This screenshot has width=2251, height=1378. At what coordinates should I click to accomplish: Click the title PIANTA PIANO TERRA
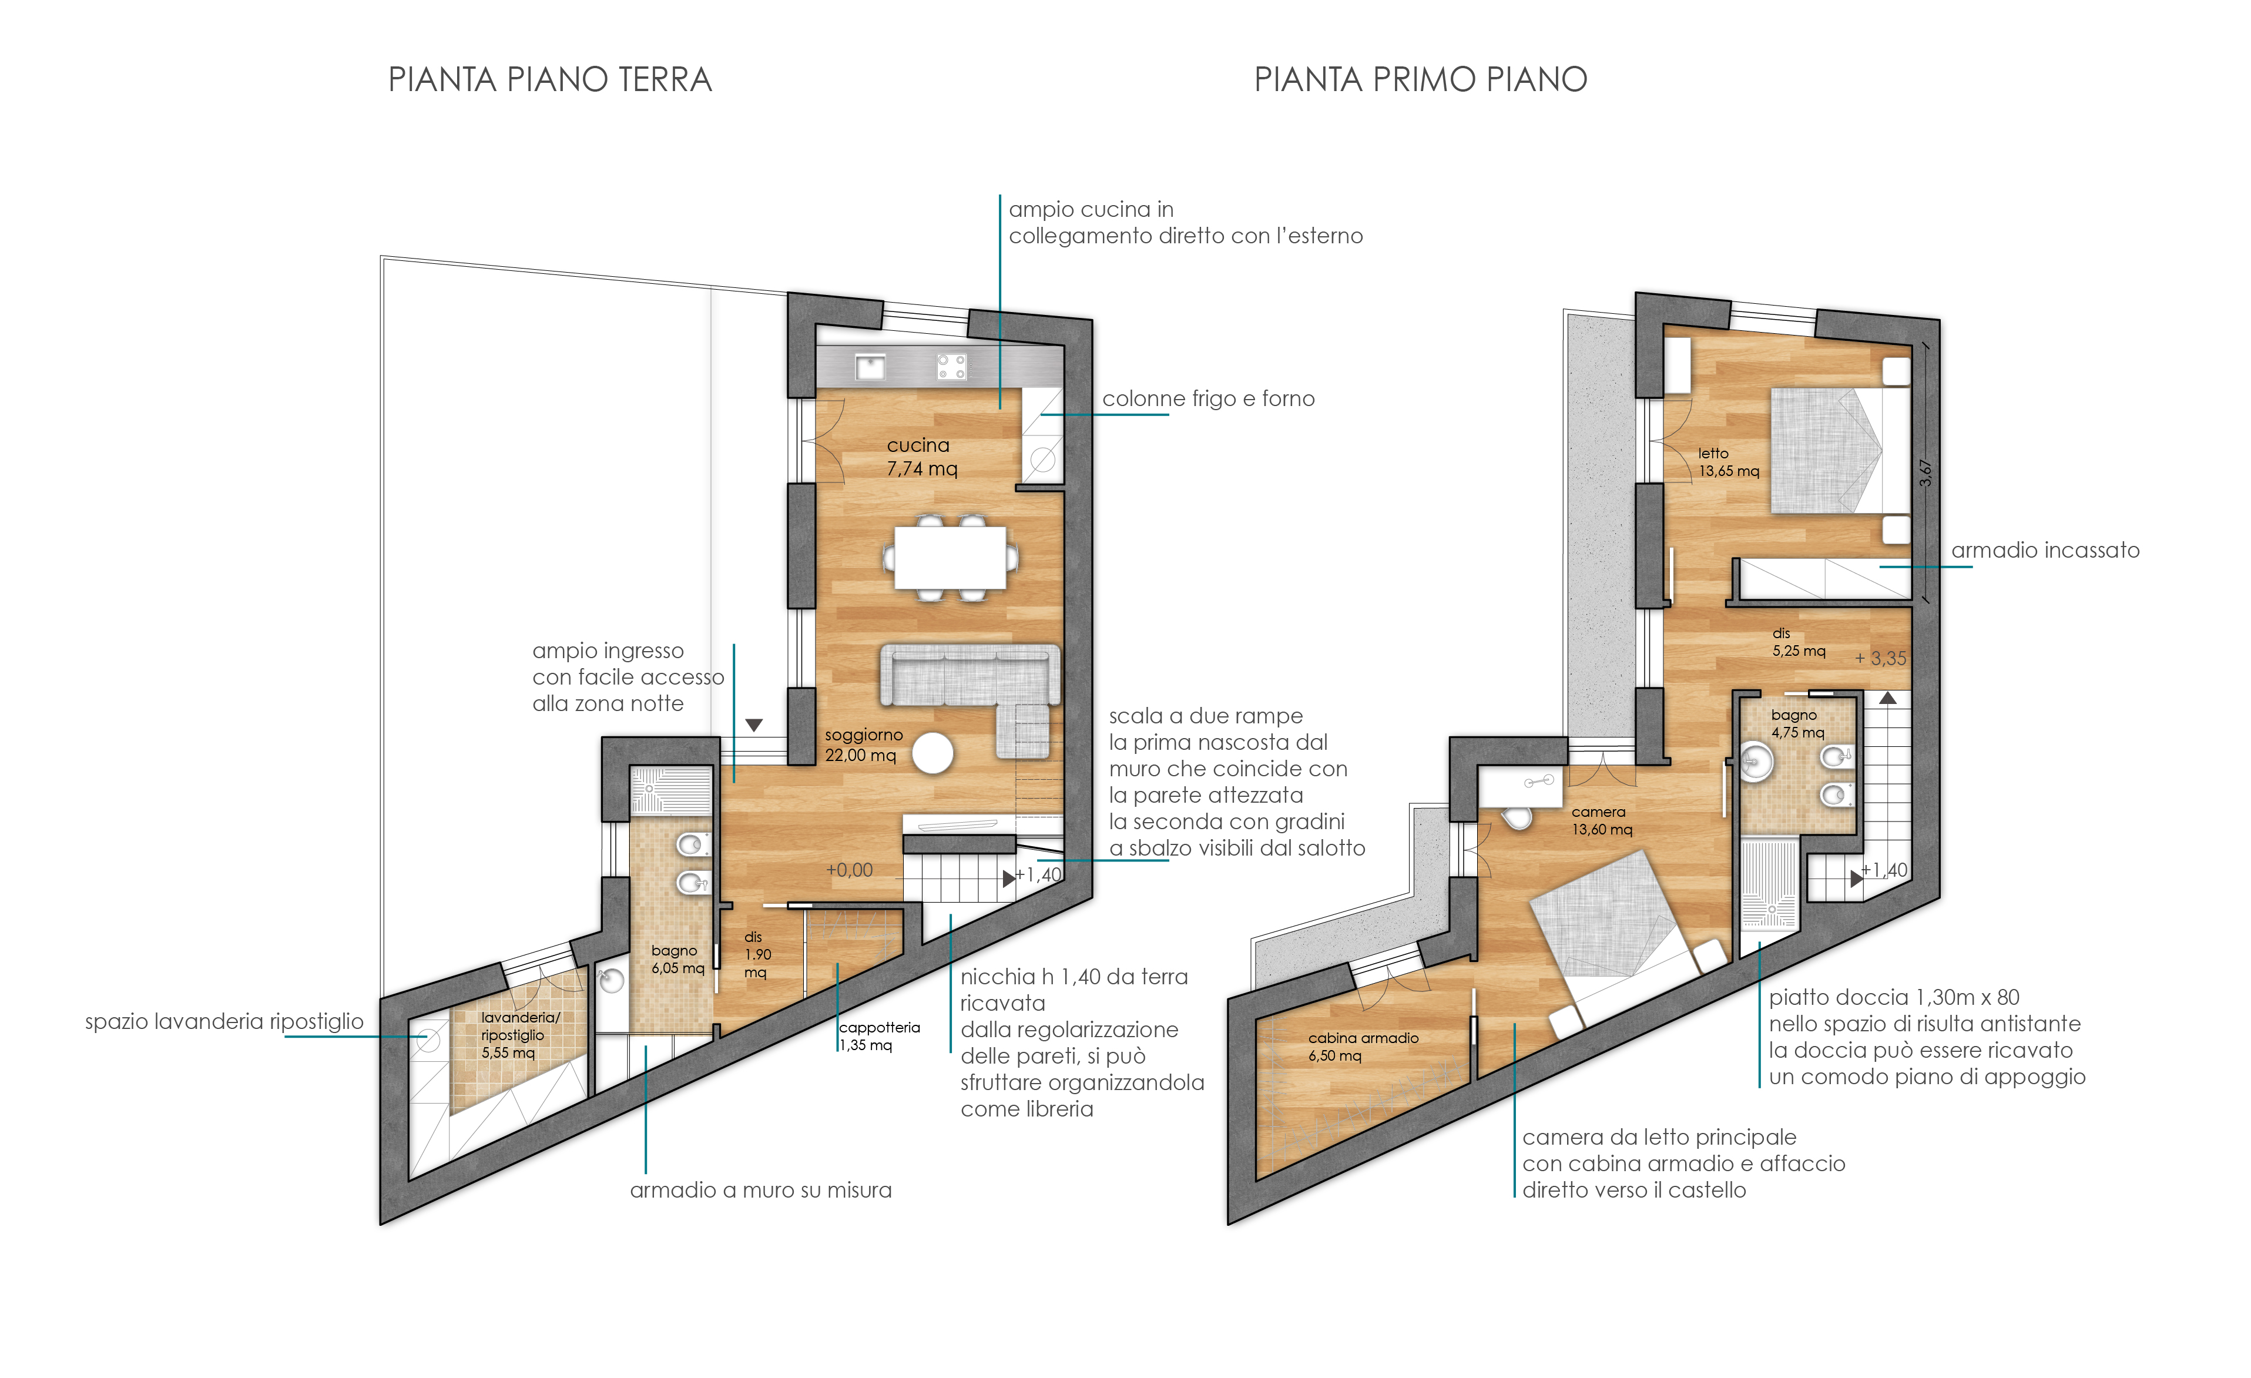[x=550, y=79]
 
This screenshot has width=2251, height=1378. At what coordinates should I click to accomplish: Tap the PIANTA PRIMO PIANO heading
[x=1421, y=79]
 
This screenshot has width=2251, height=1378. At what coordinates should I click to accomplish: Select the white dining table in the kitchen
[x=950, y=558]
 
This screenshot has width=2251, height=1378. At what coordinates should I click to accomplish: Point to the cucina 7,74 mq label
[x=922, y=457]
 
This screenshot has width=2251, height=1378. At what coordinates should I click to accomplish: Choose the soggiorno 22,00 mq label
[x=863, y=745]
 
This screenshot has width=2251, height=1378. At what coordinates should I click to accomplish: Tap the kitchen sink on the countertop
[x=870, y=367]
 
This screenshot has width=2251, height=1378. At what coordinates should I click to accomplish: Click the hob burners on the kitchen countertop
[x=951, y=367]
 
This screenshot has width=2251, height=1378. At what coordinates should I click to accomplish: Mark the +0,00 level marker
[x=850, y=870]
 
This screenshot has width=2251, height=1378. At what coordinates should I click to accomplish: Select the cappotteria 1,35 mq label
[x=880, y=1036]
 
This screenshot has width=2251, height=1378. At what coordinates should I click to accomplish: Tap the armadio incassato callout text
[x=2045, y=550]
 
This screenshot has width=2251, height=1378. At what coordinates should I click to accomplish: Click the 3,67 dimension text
[x=1925, y=472]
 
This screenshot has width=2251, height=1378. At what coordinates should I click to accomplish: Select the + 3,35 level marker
[x=1881, y=658]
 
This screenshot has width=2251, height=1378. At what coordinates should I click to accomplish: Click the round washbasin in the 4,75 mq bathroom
[x=1755, y=761]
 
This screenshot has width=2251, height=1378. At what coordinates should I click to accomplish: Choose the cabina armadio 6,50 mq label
[x=1363, y=1047]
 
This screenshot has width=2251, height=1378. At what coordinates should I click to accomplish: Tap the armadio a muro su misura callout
[x=761, y=1190]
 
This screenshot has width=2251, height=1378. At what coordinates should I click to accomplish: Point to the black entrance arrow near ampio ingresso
[x=754, y=725]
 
